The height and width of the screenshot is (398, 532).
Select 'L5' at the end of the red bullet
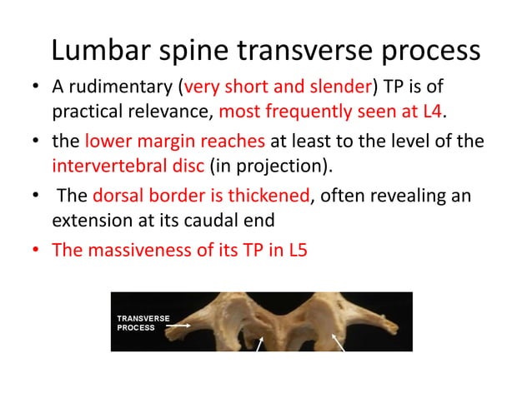296,249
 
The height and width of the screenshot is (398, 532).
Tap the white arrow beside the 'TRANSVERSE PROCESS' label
178,327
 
